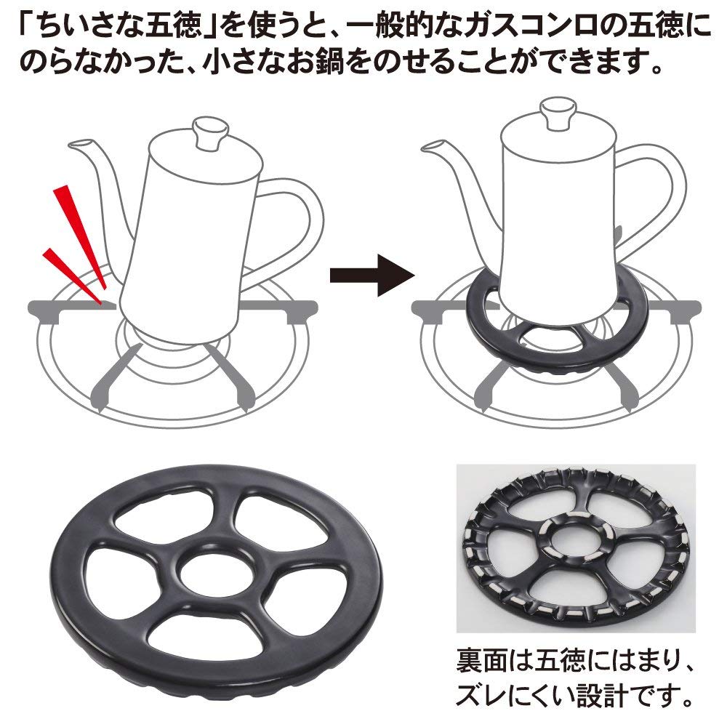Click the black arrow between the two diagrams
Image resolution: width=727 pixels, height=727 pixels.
tap(371, 276)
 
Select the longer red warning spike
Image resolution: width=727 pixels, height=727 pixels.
tap(79, 241)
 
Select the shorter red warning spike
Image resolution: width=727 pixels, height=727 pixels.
tap(72, 276)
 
